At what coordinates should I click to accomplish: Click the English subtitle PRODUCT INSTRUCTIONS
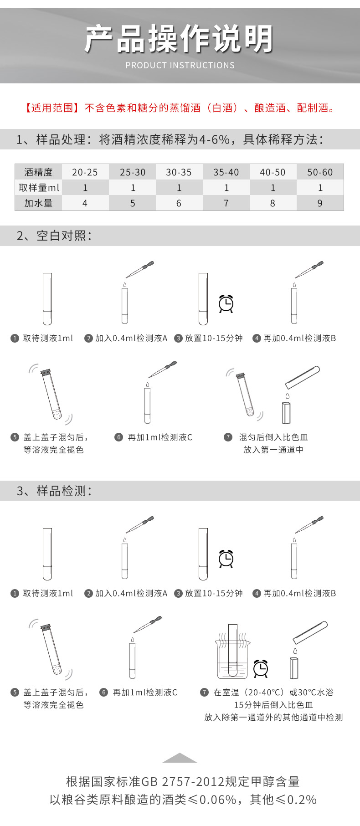(180, 65)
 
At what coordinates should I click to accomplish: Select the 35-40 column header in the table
(226, 172)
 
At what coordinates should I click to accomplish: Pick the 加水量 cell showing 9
(320, 203)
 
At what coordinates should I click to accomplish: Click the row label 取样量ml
(39, 188)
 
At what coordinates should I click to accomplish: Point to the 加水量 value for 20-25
(85, 203)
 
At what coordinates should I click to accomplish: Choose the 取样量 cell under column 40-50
(273, 188)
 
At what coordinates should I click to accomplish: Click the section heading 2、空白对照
(54, 236)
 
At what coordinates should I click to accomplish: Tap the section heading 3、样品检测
(54, 491)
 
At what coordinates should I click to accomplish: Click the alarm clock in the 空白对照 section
(226, 303)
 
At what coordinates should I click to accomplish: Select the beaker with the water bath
(232, 656)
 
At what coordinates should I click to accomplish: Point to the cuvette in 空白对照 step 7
(286, 412)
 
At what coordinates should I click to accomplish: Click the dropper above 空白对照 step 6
(163, 369)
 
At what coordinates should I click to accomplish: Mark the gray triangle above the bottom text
(180, 758)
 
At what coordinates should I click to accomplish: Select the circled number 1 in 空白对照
(15, 338)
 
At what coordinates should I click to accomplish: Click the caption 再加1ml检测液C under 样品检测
(145, 692)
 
